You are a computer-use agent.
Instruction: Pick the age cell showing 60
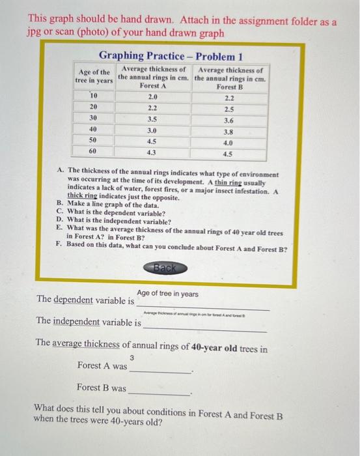click(94, 151)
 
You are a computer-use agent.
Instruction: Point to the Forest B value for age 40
click(228, 130)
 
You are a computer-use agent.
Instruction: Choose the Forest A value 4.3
click(152, 151)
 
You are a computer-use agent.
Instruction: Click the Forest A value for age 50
click(152, 140)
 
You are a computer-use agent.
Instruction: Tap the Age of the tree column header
click(94, 76)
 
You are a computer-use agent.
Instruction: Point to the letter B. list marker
click(61, 204)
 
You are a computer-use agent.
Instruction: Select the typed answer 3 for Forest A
click(132, 357)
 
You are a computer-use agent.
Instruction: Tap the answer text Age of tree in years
click(167, 294)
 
